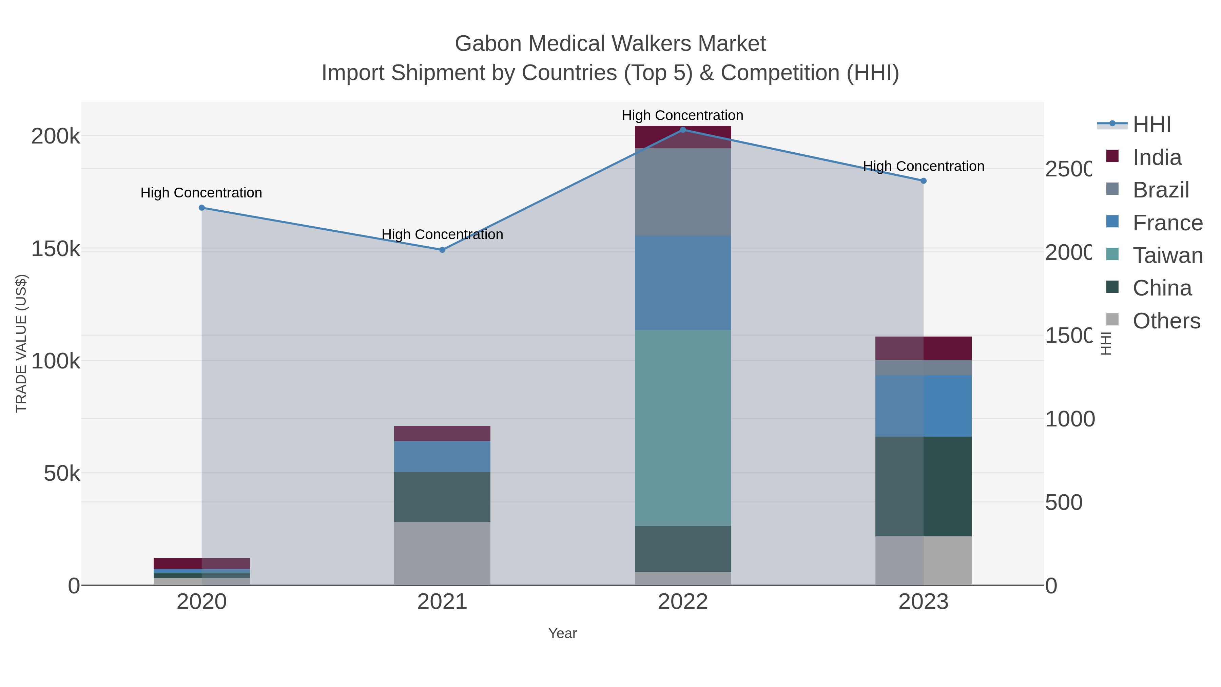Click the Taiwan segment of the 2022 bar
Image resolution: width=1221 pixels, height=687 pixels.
pos(682,427)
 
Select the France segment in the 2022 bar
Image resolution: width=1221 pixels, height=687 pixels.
pos(682,283)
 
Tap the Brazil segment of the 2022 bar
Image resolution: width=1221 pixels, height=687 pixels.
pos(682,192)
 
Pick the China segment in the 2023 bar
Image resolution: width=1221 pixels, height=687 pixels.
pos(923,486)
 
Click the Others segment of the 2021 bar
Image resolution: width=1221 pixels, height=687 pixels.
pos(442,553)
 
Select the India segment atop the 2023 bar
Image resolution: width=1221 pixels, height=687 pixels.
pos(923,348)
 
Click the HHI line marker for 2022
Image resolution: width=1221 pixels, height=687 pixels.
pos(682,130)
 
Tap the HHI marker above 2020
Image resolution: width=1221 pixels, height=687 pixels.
pos(201,208)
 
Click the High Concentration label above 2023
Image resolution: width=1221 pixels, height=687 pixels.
pos(923,167)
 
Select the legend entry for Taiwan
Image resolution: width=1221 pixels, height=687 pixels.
pos(1167,255)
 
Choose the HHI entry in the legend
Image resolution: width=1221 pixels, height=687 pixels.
pos(1151,125)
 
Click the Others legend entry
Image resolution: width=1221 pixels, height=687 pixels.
pos(1166,321)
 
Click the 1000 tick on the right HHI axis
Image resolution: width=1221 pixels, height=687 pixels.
pos(1069,419)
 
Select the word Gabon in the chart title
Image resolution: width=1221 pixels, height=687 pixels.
pos(488,44)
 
